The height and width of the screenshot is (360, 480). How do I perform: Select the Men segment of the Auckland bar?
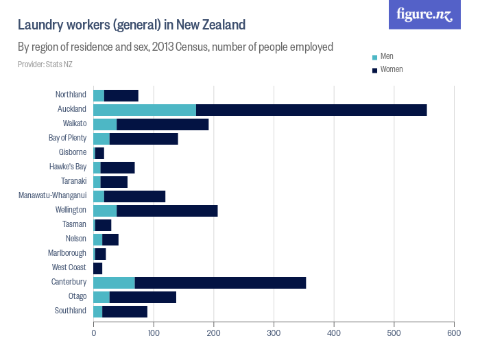[145, 110]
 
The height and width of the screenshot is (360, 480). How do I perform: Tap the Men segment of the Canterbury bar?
[114, 283]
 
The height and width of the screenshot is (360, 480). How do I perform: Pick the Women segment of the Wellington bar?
[167, 211]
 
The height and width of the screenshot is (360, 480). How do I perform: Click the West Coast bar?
[97, 268]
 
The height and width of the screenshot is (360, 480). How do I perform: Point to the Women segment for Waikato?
[163, 124]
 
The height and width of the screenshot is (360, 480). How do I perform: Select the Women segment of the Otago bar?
[143, 297]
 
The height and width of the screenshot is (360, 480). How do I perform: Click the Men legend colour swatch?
[374, 57]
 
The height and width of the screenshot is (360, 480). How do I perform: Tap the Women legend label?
[392, 69]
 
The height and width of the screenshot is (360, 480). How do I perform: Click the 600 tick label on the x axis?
[453, 333]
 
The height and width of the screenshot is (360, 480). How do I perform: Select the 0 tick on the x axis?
[94, 333]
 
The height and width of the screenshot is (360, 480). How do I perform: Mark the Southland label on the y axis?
[71, 311]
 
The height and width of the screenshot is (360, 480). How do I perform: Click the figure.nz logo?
[424, 14]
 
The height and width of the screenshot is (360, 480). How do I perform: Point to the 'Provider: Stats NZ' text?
[45, 64]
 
